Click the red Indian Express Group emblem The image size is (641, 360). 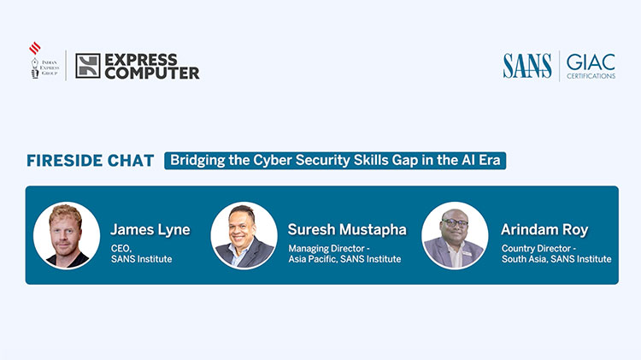click(35, 48)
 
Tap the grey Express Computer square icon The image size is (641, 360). click(88, 66)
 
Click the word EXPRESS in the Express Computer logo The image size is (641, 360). click(141, 60)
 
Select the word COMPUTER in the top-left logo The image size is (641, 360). click(152, 74)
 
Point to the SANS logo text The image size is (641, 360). click(527, 66)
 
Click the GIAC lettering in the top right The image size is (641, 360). click(591, 62)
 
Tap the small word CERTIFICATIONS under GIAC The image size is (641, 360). click(591, 76)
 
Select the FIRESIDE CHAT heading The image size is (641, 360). click(91, 161)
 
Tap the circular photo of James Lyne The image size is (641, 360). click(67, 235)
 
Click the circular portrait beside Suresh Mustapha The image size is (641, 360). click(244, 235)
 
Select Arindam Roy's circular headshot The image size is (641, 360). click(455, 235)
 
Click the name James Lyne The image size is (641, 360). click(150, 230)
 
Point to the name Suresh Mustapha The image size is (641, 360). click(347, 229)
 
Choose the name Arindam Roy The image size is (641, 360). click(544, 230)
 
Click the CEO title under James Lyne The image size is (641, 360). click(121, 248)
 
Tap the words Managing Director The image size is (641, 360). click(326, 249)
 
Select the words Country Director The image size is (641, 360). click(537, 248)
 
